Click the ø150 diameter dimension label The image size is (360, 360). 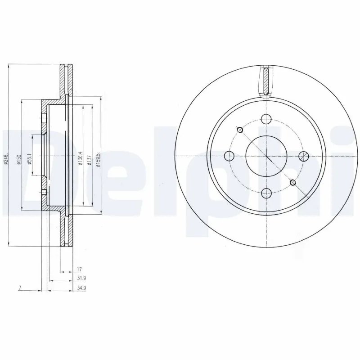(19, 158)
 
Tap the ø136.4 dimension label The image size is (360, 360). (80, 158)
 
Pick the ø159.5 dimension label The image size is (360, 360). (98, 158)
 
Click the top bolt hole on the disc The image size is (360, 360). (266, 119)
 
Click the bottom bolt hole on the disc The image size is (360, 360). (266, 193)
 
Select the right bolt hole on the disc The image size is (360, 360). (304, 156)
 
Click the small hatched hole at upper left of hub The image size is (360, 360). (240, 130)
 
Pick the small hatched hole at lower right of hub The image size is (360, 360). (293, 182)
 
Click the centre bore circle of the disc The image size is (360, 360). (266, 156)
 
